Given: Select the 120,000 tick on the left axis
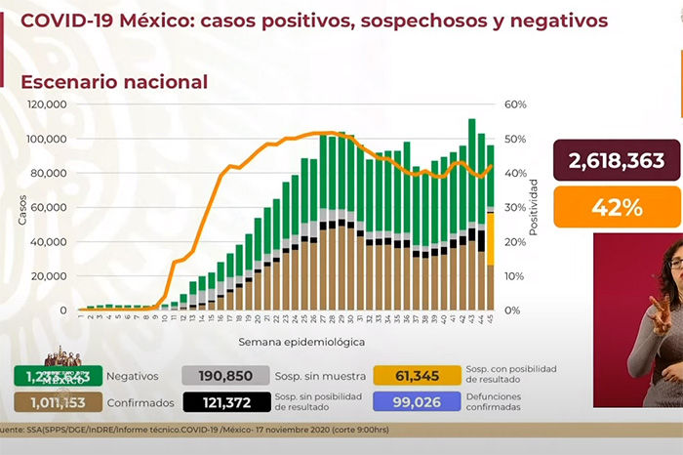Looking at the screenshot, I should [x=46, y=104].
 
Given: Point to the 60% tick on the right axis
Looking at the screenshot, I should [x=516, y=104].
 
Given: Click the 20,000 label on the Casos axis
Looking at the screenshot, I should [x=49, y=276].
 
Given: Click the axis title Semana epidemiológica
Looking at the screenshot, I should [x=288, y=343].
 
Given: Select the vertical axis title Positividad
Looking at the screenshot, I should [x=535, y=207].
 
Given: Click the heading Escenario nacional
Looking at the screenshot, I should [x=113, y=82].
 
